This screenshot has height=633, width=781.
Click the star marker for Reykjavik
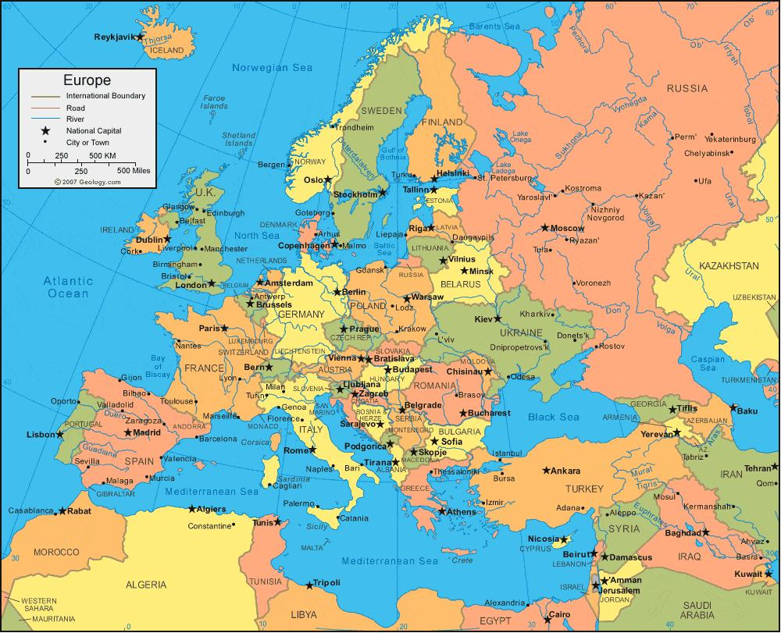[140, 37]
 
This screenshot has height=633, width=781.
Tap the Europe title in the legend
[87, 80]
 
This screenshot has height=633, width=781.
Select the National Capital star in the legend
[46, 130]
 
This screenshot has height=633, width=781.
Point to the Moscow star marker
[545, 228]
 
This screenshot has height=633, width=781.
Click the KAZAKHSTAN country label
[729, 266]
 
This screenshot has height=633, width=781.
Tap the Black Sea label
[553, 418]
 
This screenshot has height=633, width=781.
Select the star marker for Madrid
[127, 432]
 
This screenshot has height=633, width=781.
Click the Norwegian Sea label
[272, 68]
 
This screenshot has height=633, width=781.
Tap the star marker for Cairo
[544, 616]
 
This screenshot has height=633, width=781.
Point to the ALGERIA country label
[146, 584]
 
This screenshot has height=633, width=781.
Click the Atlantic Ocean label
[68, 287]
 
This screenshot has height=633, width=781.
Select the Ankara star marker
[544, 471]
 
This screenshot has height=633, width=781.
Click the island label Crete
[463, 560]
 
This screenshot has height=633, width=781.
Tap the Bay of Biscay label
[159, 366]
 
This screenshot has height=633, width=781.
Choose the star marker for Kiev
[497, 319]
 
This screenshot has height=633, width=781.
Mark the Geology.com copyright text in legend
[87, 181]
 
